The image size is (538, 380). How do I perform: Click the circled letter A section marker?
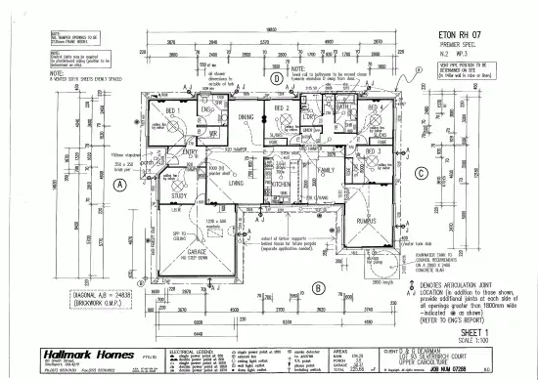point(119,184)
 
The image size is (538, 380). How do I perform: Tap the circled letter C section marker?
point(419,175)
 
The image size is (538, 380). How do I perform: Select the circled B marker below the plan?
point(318,289)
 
